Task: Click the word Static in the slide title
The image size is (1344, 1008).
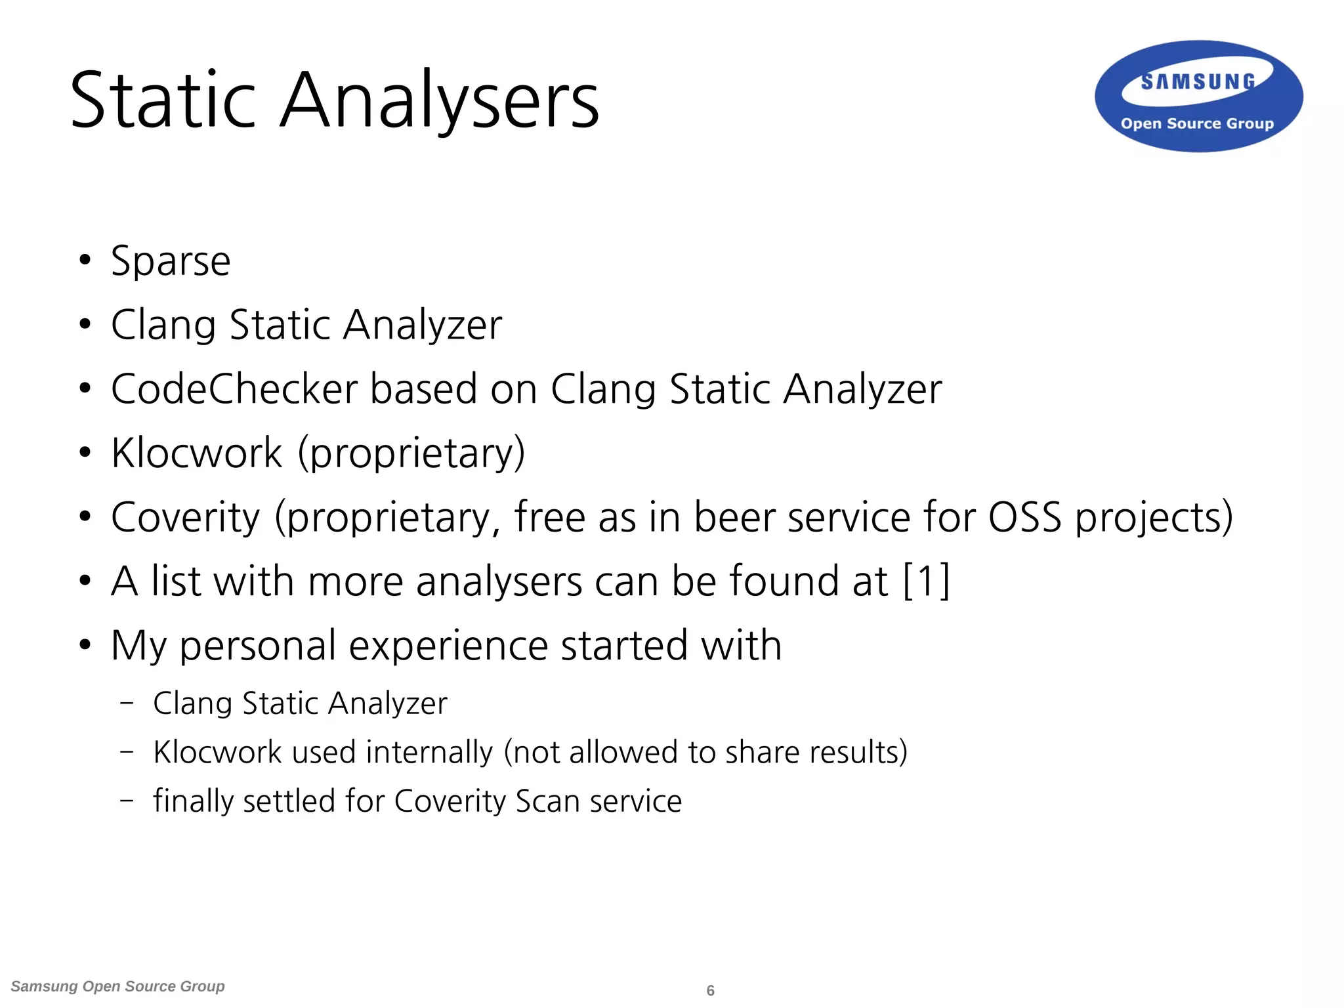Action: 162,100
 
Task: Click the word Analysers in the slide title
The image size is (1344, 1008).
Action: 440,100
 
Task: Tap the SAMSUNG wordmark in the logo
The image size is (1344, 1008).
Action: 1198,82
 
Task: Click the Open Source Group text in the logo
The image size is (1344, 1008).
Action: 1197,123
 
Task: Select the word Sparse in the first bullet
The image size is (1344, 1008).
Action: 171,262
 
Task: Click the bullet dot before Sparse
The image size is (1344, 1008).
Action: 85,261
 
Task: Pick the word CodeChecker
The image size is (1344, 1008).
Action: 234,389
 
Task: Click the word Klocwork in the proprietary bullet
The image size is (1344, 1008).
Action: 196,453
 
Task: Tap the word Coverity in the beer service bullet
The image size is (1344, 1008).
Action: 186,517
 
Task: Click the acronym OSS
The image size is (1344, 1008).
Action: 1024,517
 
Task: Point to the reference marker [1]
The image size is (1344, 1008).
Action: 926,581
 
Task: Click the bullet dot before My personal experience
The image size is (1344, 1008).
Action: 85,645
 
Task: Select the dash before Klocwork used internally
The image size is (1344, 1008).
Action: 127,751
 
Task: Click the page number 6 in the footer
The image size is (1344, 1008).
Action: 710,990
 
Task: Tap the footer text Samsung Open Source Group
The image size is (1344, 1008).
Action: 117,986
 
